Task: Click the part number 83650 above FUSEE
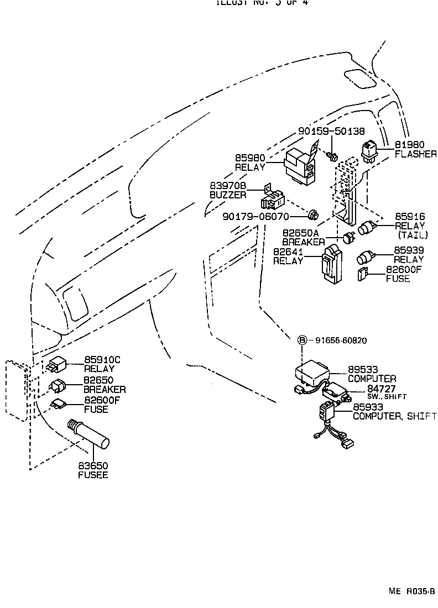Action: (93, 466)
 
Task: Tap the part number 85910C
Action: (102, 360)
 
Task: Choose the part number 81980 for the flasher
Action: (409, 145)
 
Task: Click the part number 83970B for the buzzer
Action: (228, 186)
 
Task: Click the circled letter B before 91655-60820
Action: (303, 340)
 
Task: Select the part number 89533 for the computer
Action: (363, 370)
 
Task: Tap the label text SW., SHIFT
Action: (387, 397)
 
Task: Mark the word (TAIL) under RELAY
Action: (409, 235)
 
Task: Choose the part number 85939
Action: (409, 250)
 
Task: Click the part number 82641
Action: (288, 252)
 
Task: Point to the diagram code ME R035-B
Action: (412, 591)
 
